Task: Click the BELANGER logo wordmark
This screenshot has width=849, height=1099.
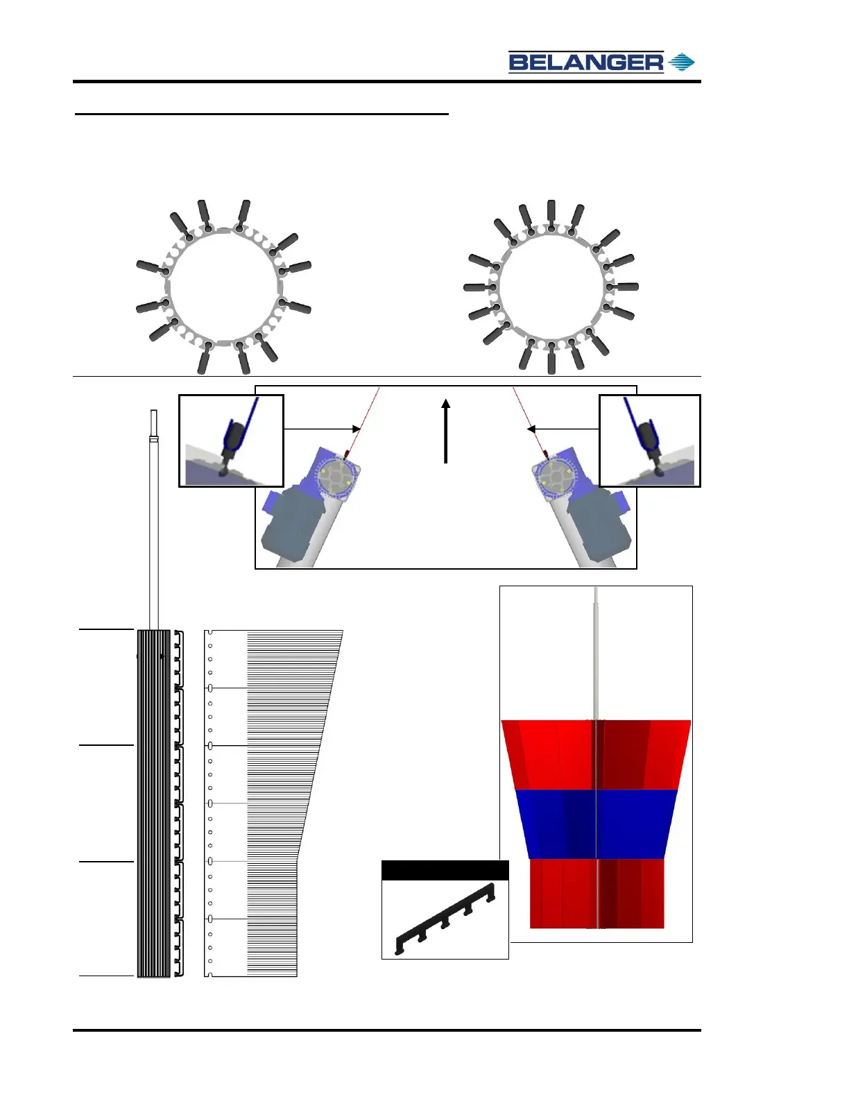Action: click(586, 62)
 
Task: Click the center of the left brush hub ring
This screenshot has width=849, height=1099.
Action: click(223, 287)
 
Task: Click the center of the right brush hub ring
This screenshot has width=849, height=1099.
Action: click(551, 287)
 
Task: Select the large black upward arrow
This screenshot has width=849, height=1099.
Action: click(446, 430)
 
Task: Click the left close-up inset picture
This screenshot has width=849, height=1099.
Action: click(232, 441)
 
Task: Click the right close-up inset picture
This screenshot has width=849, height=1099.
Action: click(650, 441)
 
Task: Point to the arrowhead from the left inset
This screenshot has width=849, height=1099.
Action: click(356, 429)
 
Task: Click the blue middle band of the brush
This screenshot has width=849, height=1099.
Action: click(597, 824)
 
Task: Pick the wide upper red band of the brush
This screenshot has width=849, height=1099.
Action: click(597, 754)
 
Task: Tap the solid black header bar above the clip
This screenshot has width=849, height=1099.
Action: click(445, 871)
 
